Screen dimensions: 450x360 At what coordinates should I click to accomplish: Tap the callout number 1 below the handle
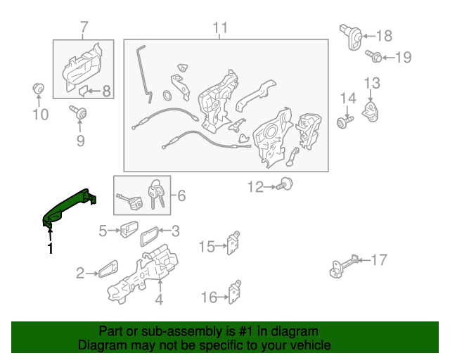[51, 248]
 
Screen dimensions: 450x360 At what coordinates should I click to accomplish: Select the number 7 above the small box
[83, 27]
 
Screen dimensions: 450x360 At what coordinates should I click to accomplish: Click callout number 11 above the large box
[220, 28]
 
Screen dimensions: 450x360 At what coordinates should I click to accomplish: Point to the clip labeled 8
[83, 91]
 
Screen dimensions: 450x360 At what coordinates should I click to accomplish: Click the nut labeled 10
[38, 89]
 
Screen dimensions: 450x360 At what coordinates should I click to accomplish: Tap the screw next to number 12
[284, 184]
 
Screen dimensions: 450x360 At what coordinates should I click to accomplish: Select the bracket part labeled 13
[371, 112]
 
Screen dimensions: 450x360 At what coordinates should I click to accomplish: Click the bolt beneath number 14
[345, 122]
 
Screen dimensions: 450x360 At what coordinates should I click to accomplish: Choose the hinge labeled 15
[233, 243]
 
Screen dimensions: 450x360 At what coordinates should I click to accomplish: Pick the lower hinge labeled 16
[235, 292]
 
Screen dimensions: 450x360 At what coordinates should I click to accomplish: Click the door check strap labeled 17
[344, 266]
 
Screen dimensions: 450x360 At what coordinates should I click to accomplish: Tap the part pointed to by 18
[351, 37]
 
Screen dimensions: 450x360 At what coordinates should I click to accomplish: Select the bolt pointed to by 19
[373, 56]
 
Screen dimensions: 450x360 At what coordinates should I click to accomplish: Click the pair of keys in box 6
[156, 194]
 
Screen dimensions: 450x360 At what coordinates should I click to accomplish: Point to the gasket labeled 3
[149, 236]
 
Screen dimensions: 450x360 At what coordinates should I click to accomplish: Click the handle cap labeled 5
[129, 229]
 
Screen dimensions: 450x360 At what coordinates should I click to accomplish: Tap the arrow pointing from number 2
[92, 274]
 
